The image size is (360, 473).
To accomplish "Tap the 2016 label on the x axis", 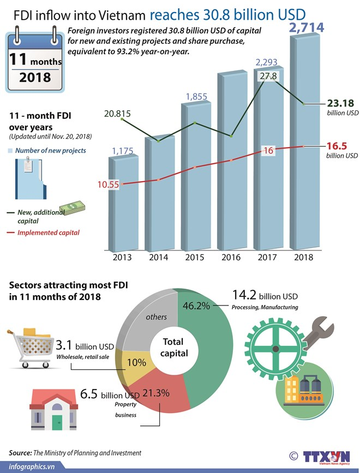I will (x=232, y=258).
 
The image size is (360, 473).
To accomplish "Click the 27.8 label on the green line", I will (x=267, y=76).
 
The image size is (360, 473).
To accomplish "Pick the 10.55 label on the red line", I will (x=108, y=184).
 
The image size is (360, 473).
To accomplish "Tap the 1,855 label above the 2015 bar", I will (x=196, y=97).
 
